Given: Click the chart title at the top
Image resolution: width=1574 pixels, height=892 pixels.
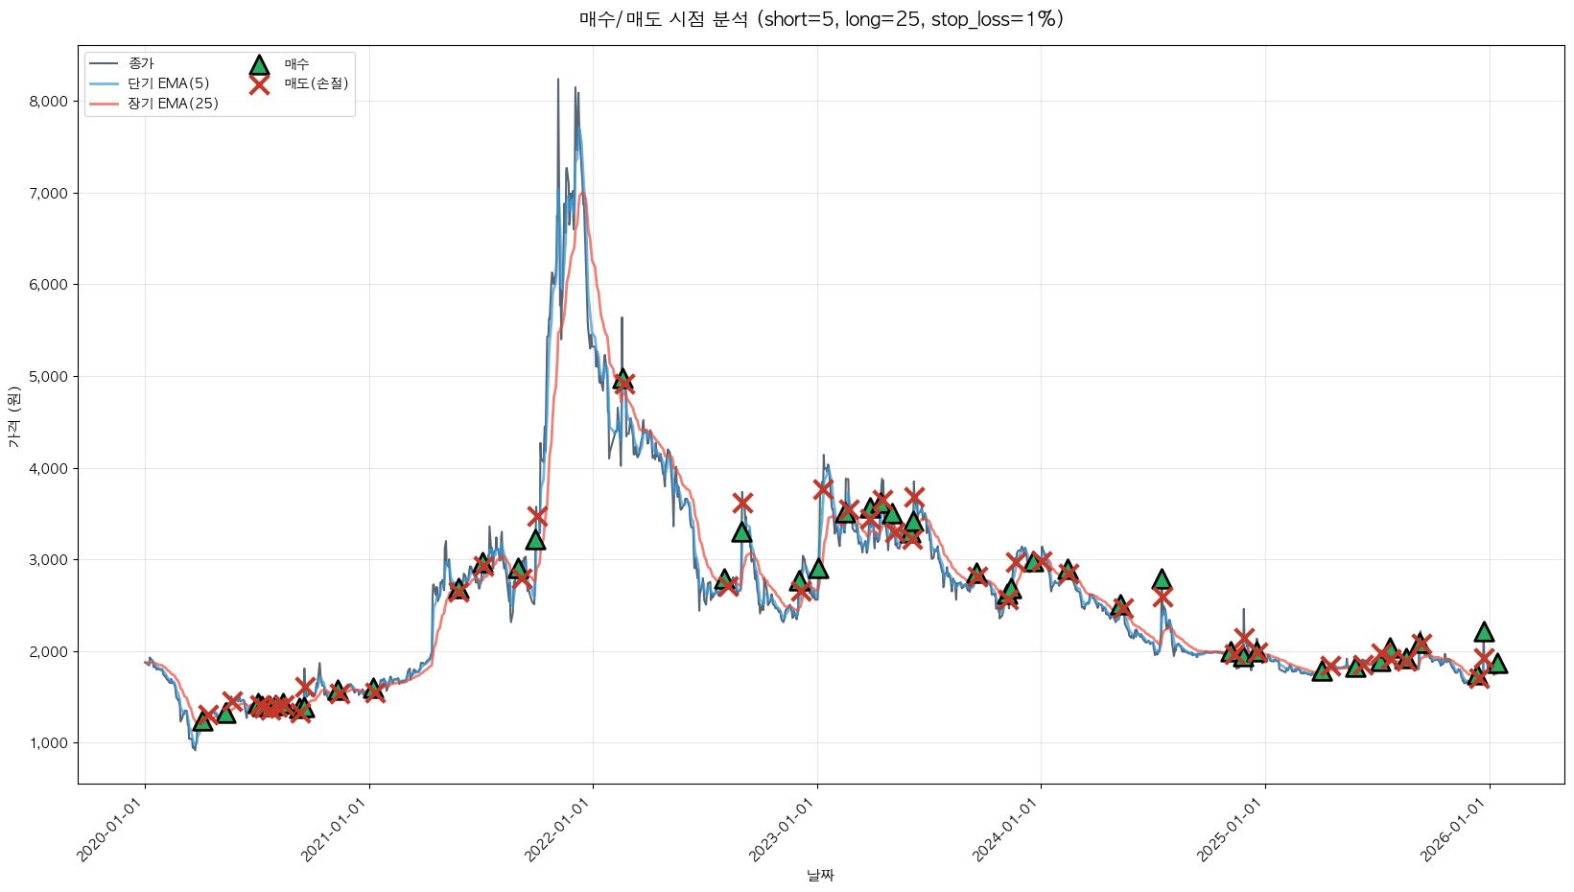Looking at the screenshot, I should [821, 19].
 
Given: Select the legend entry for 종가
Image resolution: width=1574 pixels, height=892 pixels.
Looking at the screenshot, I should [141, 63].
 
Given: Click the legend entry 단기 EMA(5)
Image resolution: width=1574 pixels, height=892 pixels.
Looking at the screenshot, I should [169, 83].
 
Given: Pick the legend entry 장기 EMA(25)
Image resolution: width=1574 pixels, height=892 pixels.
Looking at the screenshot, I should [173, 104].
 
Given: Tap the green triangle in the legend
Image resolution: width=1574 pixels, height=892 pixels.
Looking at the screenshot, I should [259, 64].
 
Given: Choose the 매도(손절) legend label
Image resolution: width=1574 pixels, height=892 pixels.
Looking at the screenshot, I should [316, 83].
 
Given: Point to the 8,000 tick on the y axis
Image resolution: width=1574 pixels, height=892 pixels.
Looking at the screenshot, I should [49, 101].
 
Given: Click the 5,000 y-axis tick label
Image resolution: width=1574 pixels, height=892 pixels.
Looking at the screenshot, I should [49, 376].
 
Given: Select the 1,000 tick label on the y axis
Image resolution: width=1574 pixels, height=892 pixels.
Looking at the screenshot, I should [49, 743].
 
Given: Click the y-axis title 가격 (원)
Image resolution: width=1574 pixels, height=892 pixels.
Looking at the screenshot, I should [13, 417].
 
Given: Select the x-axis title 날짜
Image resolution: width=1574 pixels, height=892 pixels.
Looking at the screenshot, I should [821, 875].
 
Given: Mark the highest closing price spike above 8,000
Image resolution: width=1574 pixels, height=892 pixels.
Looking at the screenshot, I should [558, 81].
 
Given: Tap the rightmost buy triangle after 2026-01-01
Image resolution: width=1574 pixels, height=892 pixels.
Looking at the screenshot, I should [1496, 664].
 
